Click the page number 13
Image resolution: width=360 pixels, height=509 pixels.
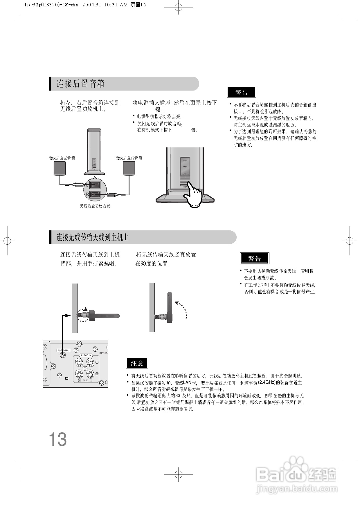(x=58, y=439)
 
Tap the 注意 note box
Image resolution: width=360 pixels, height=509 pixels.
(x=137, y=363)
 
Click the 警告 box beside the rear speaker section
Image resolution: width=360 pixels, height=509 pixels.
(x=241, y=92)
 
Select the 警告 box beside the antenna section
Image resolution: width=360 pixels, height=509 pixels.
(x=254, y=258)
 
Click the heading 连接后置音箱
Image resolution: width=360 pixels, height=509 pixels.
(x=80, y=84)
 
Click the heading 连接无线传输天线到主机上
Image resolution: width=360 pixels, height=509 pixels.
(x=92, y=237)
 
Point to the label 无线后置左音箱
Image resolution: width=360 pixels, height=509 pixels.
(x=62, y=158)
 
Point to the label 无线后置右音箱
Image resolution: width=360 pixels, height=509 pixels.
(x=129, y=158)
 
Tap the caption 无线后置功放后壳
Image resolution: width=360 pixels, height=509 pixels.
(x=95, y=206)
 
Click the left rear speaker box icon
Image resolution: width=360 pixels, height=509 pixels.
(x=60, y=169)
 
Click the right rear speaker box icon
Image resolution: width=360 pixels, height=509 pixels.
(x=129, y=169)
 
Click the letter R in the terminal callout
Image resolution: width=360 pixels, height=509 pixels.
(x=87, y=194)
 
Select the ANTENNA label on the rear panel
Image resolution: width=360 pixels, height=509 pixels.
(x=63, y=350)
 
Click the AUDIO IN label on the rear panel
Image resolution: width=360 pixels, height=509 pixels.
(x=86, y=355)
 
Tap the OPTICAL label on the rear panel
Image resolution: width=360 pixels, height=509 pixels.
(x=104, y=353)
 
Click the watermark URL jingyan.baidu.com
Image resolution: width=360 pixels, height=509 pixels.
(x=297, y=489)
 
